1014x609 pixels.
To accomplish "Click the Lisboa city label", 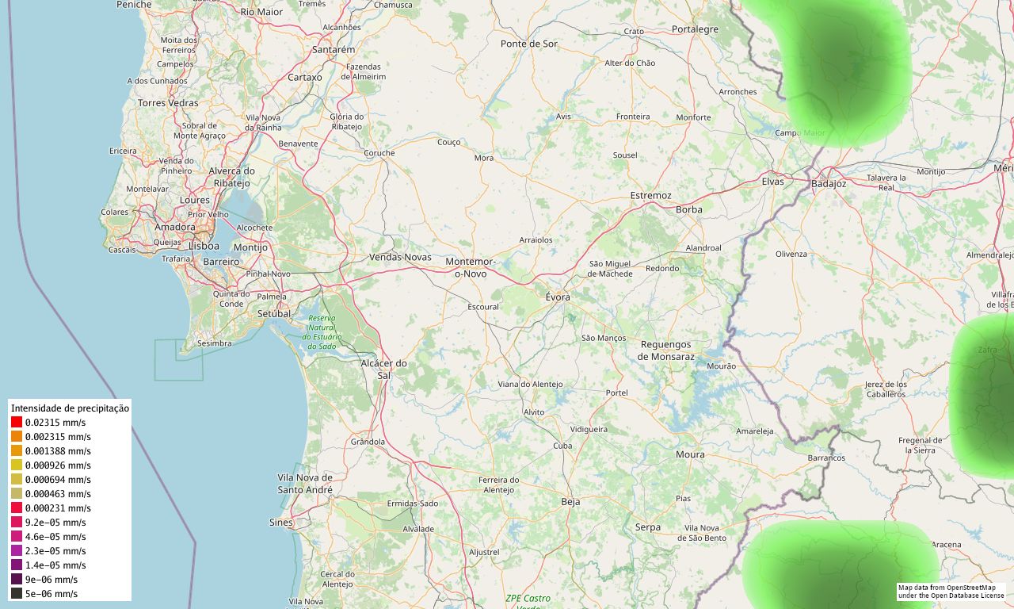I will (x=204, y=246).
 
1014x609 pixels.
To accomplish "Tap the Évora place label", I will (x=558, y=297).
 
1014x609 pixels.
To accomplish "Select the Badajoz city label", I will (x=829, y=184).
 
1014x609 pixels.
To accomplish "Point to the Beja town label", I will (x=570, y=501).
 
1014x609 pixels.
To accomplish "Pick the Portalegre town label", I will (x=695, y=29).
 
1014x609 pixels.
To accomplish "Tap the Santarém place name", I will (x=334, y=49).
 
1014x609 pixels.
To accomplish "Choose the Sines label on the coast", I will (x=280, y=523).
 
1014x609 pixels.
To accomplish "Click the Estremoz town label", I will (x=650, y=195).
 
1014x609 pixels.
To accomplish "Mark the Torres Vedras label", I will (x=168, y=103).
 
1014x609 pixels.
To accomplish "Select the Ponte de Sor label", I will (x=529, y=44).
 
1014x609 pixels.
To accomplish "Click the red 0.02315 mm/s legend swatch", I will (x=17, y=423).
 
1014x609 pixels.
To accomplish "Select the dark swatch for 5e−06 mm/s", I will (x=17, y=594).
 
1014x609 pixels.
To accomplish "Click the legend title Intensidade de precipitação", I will (x=70, y=408).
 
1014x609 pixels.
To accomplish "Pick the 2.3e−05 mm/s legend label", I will (x=55, y=551).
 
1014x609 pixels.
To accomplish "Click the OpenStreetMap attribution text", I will (x=951, y=592).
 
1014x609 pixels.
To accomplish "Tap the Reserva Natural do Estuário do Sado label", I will (x=322, y=331).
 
